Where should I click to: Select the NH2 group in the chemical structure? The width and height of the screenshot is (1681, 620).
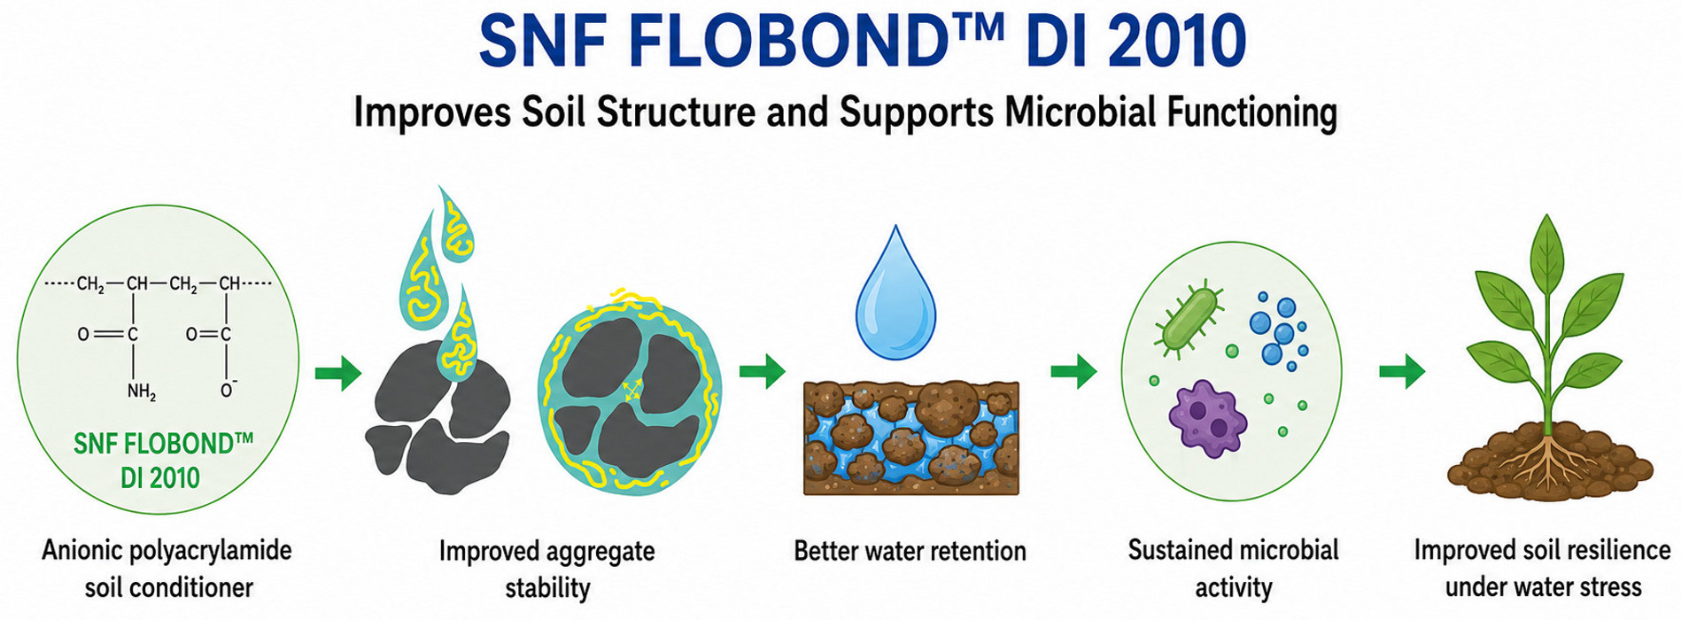141,391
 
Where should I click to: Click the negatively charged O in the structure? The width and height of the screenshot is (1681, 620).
228,390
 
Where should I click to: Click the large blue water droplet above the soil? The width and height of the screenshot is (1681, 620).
895,294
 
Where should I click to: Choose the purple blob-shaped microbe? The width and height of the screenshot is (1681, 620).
1207,418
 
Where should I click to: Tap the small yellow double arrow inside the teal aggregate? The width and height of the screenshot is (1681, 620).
632,391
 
